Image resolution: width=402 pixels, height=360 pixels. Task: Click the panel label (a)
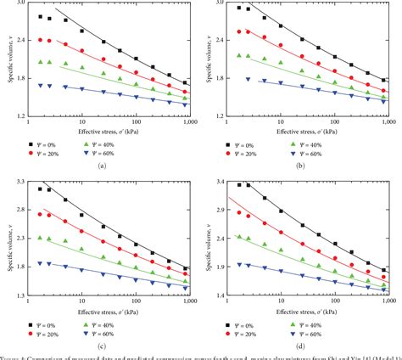(x=102, y=166)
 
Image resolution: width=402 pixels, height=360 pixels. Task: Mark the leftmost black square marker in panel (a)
(x=41, y=17)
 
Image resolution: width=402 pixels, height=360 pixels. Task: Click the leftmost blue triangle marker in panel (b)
(x=248, y=79)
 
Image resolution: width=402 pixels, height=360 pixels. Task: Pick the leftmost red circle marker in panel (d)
(x=240, y=213)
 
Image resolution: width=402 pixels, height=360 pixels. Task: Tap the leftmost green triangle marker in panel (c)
(x=41, y=239)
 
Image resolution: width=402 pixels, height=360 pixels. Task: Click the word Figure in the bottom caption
(x=12, y=356)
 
